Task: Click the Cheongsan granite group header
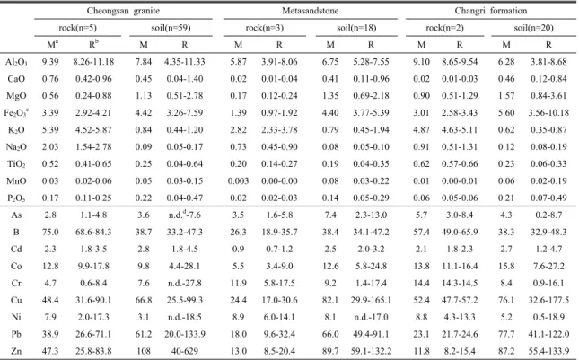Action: point(123,11)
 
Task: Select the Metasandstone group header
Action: point(311,11)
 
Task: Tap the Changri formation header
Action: point(491,11)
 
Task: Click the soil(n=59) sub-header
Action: point(171,28)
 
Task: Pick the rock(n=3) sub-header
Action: point(265,28)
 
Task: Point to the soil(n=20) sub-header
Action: point(533,28)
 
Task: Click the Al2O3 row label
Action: point(16,62)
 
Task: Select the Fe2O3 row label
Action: point(15,112)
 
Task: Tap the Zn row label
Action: point(16,351)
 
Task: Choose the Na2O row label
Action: point(16,147)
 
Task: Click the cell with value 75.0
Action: point(50,232)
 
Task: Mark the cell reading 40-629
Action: point(184,351)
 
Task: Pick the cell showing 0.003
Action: point(238,181)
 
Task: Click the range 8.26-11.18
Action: point(93,62)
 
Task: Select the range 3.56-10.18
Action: point(548,112)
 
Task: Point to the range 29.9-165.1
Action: point(371,300)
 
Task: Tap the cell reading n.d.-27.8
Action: point(185,283)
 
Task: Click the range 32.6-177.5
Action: point(548,300)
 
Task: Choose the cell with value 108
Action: point(144,351)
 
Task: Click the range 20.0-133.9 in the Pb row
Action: point(185,334)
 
